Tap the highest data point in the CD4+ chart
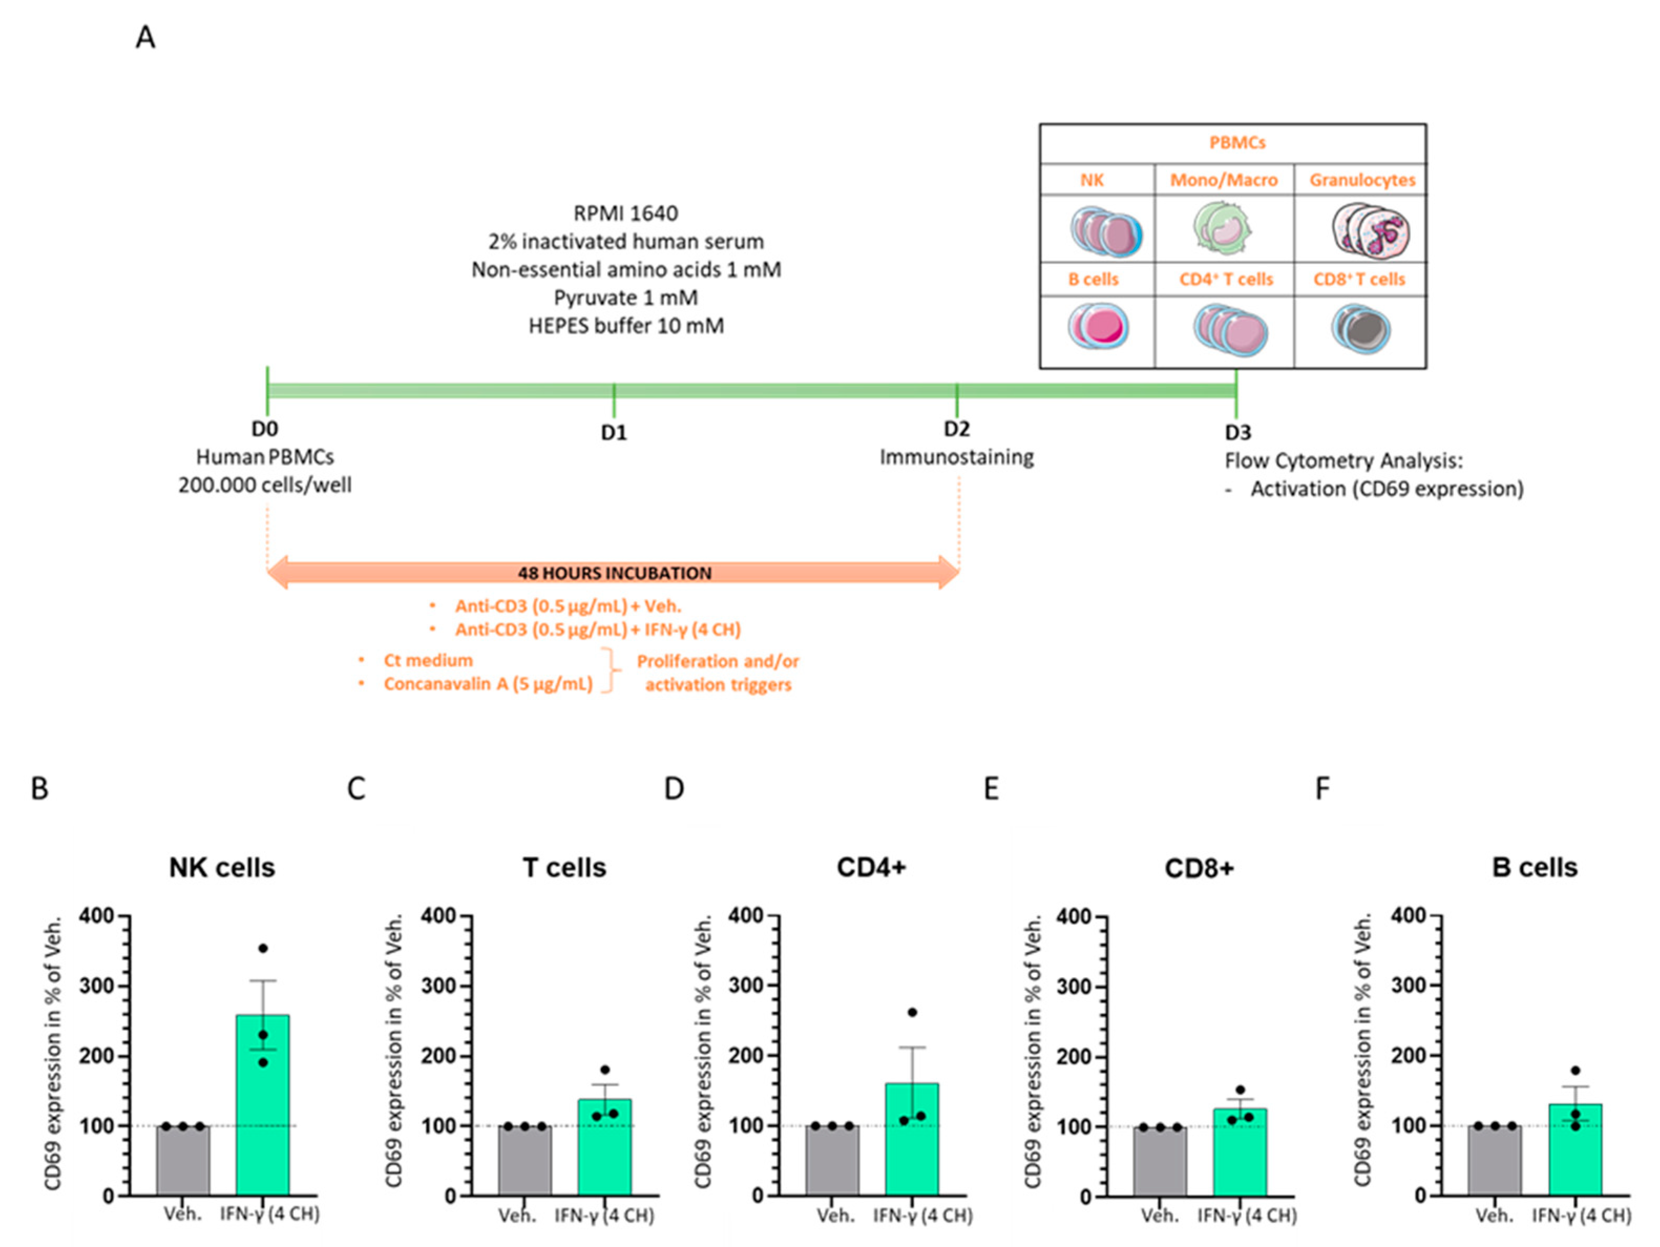[913, 1012]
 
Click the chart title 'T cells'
[564, 868]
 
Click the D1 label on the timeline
[614, 433]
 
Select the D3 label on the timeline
[1238, 433]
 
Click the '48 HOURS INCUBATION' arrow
[614, 573]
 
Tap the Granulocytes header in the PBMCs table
[1362, 180]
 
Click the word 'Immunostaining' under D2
[957, 457]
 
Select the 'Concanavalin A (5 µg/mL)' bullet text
[488, 684]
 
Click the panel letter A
[145, 37]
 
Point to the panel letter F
[1323, 788]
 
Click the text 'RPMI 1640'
[626, 213]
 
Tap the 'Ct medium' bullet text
[428, 661]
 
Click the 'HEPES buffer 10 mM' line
[626, 326]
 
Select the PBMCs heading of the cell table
[1237, 143]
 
